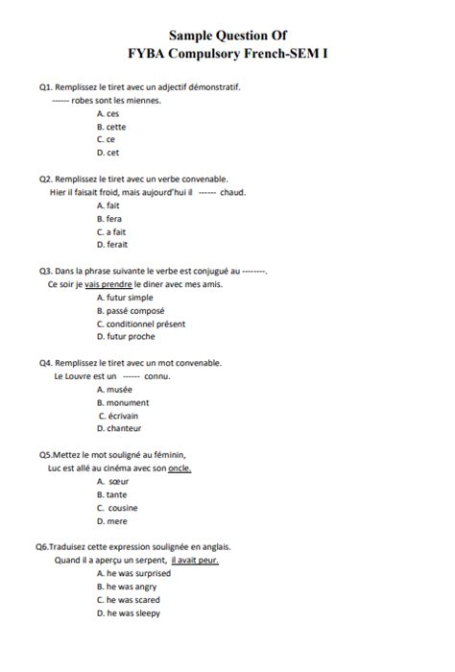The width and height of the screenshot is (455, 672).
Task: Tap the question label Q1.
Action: point(45,87)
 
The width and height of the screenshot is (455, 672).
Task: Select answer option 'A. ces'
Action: point(108,113)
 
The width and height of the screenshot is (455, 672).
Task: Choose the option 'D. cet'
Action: point(108,152)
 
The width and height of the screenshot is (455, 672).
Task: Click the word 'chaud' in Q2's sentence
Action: point(233,192)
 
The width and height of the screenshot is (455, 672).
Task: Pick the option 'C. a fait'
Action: point(112,232)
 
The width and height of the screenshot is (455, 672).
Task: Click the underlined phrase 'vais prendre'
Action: point(108,284)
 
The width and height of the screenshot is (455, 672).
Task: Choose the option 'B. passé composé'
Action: point(131,311)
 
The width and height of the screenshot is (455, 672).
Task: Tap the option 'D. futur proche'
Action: point(126,337)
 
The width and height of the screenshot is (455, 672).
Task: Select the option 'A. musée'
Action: point(113,390)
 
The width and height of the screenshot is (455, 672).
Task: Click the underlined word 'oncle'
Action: point(180,468)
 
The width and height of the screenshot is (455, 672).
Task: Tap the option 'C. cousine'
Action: point(117,508)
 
